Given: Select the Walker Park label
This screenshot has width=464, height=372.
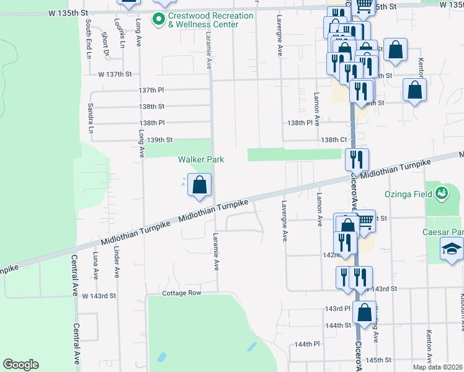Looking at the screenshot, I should point(201,159).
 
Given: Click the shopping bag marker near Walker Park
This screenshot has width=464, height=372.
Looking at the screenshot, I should point(199,185).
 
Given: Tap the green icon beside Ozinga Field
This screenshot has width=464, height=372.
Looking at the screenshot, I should point(442,193).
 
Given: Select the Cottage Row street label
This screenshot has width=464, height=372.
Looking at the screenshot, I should point(182,293).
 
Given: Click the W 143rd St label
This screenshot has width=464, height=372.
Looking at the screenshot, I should point(99,296).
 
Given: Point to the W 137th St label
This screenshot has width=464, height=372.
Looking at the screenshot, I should point(115,74).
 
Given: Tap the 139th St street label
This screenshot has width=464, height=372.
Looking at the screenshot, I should point(155,140).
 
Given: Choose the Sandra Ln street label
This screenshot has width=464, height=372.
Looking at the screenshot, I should point(91,118).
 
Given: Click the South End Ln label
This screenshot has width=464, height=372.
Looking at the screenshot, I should point(89,31).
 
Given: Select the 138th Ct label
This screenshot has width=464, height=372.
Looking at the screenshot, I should point(334,140).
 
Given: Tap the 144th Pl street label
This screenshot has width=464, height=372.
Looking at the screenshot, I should point(307,344).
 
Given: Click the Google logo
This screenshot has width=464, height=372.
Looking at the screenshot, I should point(20,365).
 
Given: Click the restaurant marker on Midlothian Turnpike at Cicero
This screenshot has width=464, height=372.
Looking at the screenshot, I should point(357,159).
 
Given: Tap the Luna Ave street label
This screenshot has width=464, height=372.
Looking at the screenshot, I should point(96,265).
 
